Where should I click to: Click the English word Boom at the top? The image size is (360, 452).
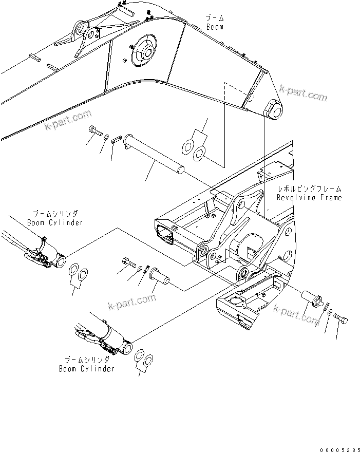[x=215, y=27]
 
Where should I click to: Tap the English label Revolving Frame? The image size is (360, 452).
[x=309, y=197]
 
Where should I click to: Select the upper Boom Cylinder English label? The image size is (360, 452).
[x=54, y=222]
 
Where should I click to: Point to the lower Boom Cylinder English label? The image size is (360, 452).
[x=86, y=368]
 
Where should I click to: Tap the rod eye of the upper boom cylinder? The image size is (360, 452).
[x=60, y=261]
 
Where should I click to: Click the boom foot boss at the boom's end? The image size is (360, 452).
[x=273, y=109]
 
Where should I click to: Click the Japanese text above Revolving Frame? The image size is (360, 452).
[x=309, y=189]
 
